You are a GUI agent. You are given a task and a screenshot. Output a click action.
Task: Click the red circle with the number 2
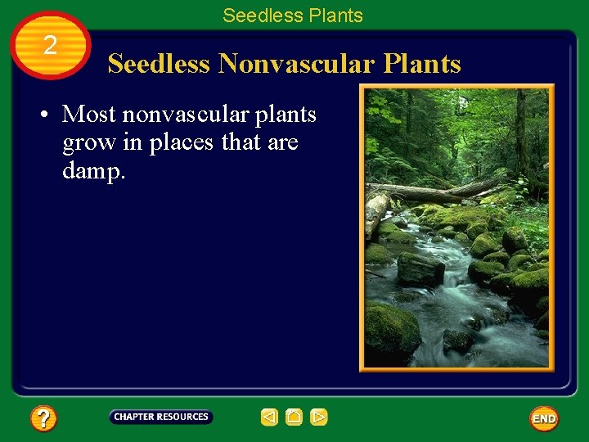50,46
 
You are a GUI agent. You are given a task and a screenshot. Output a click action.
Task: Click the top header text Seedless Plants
292,16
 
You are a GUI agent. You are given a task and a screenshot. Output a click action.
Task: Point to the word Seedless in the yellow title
160,64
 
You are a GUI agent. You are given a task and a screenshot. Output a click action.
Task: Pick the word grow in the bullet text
88,143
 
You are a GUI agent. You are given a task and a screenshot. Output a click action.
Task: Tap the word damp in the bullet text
92,172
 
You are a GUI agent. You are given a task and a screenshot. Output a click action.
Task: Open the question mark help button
43,419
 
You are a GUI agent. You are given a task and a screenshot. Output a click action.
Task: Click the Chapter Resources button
161,417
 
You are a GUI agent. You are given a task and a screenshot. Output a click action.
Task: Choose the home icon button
294,417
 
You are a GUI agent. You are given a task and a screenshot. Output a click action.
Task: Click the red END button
543,418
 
